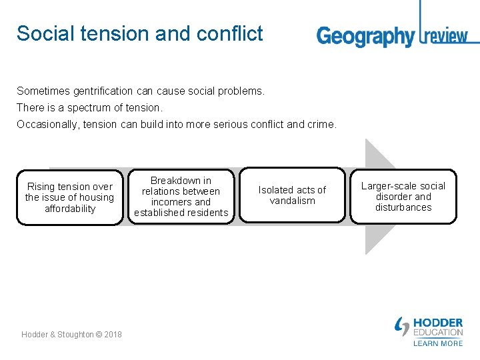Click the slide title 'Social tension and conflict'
140,33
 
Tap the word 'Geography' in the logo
365,36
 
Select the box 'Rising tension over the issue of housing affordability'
70,197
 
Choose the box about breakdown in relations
181,197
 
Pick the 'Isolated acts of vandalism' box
292,195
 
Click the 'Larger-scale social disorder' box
403,197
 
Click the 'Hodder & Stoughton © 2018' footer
71,334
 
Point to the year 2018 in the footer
113,334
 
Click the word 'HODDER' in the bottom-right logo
438,323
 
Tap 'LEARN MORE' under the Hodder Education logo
438,343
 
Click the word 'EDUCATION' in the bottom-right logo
438,332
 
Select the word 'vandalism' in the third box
292,201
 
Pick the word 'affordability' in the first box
70,209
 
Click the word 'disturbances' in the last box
403,207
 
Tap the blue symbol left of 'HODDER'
402,326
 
